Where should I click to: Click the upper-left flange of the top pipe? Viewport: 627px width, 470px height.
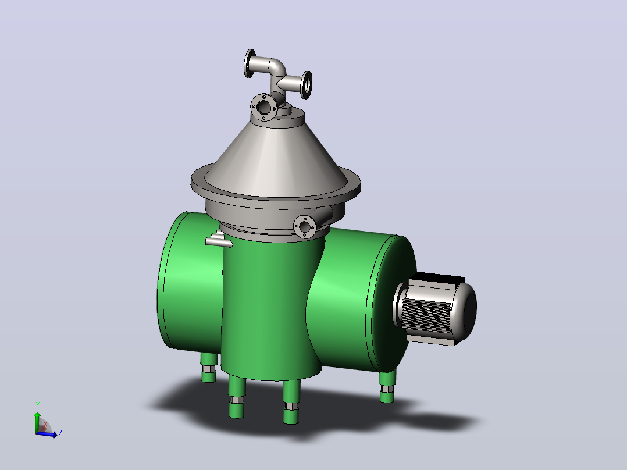tap(250, 63)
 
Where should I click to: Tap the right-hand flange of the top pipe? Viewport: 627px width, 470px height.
tap(307, 85)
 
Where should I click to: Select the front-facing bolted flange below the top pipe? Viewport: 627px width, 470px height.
tap(264, 107)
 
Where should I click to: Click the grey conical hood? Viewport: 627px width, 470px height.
tap(276, 156)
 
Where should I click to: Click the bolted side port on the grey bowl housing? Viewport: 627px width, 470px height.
tap(305, 227)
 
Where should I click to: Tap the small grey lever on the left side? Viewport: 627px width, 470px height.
tap(218, 240)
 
